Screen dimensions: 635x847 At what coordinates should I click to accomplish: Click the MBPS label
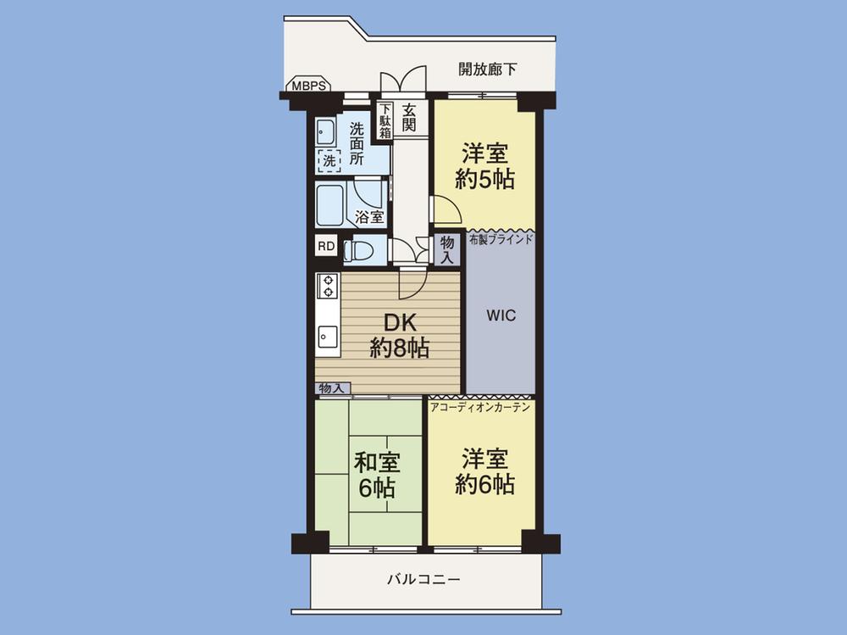(x=307, y=86)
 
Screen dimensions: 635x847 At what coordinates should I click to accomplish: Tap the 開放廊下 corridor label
(x=487, y=70)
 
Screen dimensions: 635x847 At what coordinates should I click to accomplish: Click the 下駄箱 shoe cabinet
(x=385, y=120)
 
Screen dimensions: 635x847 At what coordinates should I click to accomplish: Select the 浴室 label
(x=368, y=216)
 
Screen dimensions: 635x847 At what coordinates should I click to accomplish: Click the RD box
(x=325, y=247)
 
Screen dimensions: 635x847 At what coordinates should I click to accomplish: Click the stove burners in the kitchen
(x=327, y=286)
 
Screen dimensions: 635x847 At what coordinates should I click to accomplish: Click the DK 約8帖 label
(x=398, y=335)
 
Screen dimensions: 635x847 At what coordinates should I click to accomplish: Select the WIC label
(x=501, y=315)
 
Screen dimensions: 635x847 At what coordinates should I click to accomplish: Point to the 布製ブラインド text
(x=501, y=239)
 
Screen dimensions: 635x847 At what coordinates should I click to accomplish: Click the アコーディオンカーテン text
(x=480, y=408)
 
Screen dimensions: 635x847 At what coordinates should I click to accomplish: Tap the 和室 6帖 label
(x=376, y=476)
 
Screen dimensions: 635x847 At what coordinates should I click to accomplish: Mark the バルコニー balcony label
(x=423, y=581)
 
